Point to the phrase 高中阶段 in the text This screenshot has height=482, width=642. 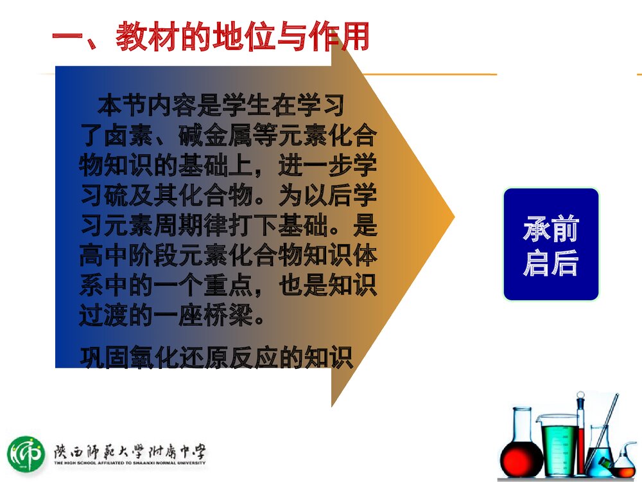click(x=128, y=255)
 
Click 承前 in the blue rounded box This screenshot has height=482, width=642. click(x=551, y=229)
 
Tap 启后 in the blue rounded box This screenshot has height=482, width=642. click(x=551, y=262)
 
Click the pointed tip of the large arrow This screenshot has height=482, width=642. click(x=455, y=217)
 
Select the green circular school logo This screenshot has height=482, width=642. click(x=26, y=454)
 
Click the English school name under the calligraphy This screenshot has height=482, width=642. click(x=130, y=463)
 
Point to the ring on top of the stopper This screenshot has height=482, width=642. click(x=580, y=395)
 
